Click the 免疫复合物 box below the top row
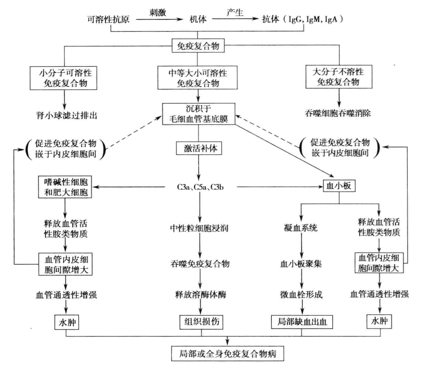[198, 46]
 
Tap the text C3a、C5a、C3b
[198, 187]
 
